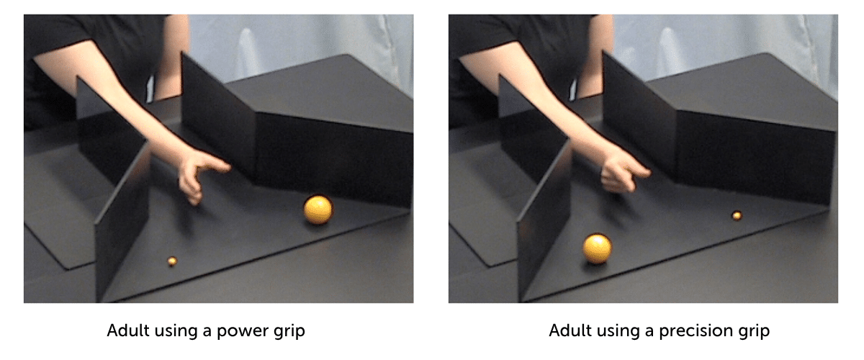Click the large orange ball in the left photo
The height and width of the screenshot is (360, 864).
click(x=318, y=210)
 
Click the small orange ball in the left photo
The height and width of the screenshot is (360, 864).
click(x=172, y=261)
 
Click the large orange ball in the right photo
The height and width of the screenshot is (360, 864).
click(x=597, y=249)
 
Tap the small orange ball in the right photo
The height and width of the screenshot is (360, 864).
click(x=737, y=216)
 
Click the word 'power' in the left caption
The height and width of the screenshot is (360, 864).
click(x=242, y=331)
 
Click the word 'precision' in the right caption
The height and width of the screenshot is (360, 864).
click(x=695, y=331)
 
